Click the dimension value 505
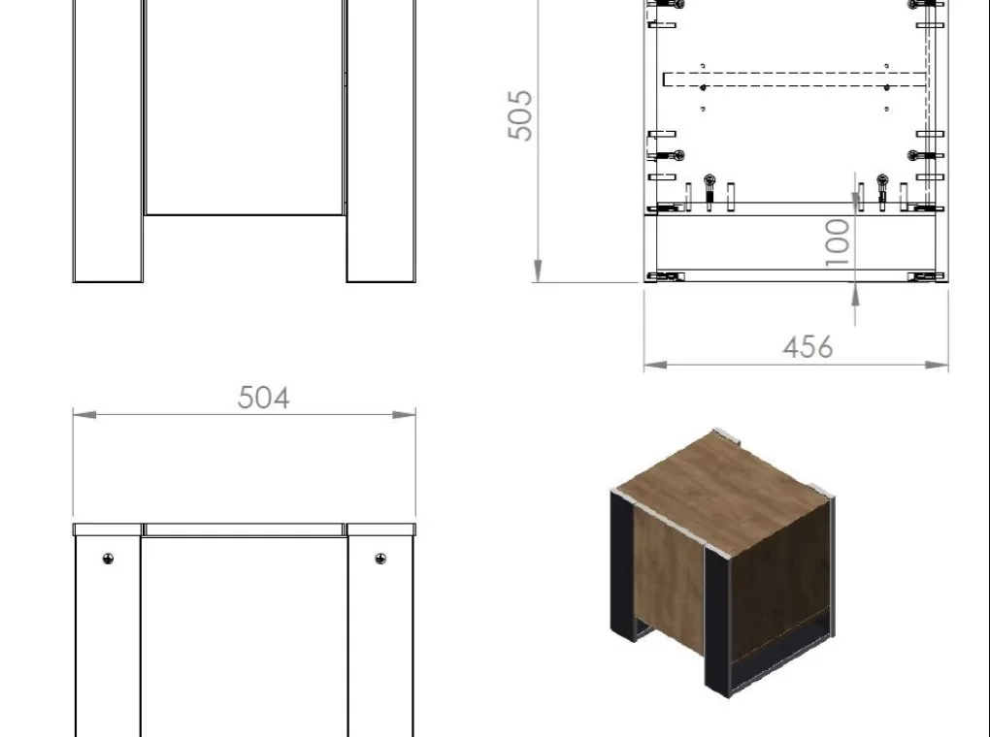[520, 114]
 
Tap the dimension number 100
[838, 242]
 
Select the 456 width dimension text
[808, 347]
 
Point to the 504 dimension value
[263, 398]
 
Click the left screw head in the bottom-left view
[108, 559]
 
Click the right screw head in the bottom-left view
[380, 559]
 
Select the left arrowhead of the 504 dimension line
[84, 415]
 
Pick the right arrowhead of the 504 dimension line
[404, 415]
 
